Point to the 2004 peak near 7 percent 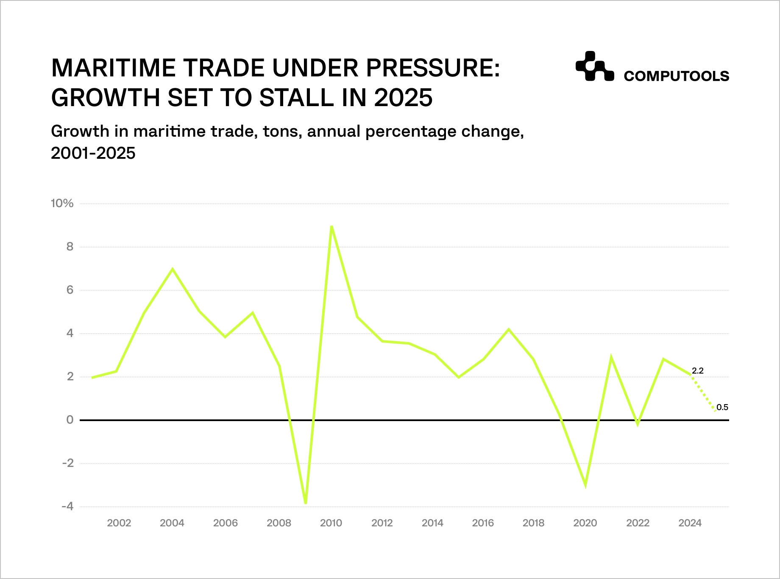click(x=172, y=269)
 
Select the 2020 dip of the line click(x=585, y=485)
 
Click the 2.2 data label click(x=697, y=371)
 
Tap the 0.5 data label click(x=722, y=407)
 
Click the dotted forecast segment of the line click(x=703, y=393)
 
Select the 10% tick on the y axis click(x=62, y=203)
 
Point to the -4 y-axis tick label click(x=67, y=506)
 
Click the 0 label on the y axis click(x=70, y=420)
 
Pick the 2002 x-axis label click(x=119, y=523)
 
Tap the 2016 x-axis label click(x=483, y=523)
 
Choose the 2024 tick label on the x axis click(x=690, y=523)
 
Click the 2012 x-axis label click(x=382, y=523)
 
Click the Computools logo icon click(x=594, y=66)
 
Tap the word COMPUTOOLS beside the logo click(x=676, y=76)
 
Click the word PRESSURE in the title click(x=432, y=68)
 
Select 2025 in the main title click(x=403, y=98)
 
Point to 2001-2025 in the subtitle click(x=93, y=153)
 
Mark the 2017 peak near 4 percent click(x=508, y=329)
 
